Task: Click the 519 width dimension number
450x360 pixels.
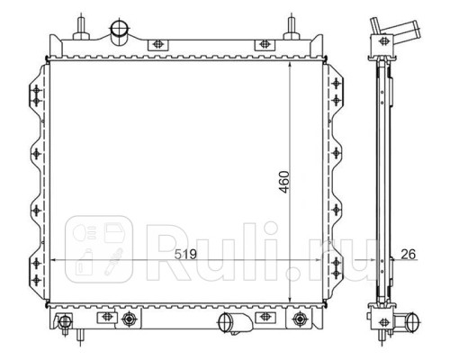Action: [x=185, y=255]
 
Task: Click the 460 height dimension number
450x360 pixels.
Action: [x=283, y=182]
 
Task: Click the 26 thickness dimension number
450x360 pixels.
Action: [x=409, y=255]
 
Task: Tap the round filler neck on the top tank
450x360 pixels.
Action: [x=121, y=30]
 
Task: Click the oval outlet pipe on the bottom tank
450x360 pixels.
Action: [x=235, y=323]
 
